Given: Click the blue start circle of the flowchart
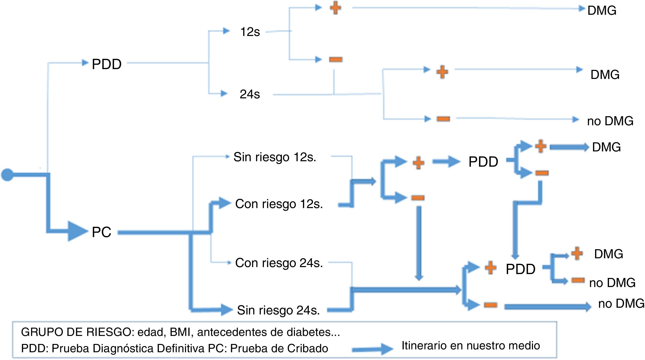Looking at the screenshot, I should pos(7,175).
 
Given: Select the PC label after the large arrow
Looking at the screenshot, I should pos(101,232).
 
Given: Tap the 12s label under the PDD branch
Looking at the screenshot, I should pos(250,32).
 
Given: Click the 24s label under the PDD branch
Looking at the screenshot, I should pos(250,94).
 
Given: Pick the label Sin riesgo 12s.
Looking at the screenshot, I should pos(275,157).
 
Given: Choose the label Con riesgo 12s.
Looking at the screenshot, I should pos(279,204).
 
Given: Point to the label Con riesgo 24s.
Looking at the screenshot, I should pos(279,263).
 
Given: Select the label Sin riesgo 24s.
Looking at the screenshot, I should pos(278,310).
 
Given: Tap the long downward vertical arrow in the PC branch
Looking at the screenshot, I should pos(419,243).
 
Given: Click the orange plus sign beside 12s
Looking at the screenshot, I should pos(336,8).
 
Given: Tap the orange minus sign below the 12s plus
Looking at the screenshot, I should pos(336,60).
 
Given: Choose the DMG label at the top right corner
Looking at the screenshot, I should pos(602,11).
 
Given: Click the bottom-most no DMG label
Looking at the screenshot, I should pos(621,303).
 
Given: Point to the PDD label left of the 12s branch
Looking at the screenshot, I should pos(107,64).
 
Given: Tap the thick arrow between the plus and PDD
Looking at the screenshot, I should pos(446,162).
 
